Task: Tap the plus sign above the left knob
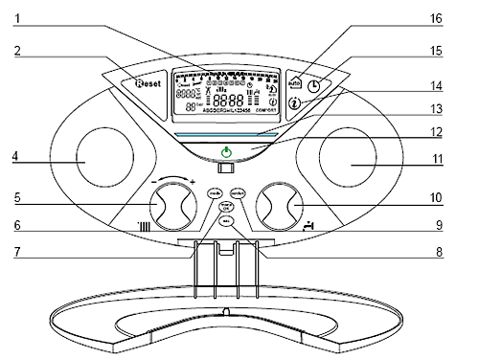click(x=193, y=182)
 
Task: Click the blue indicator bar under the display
click(x=226, y=132)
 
